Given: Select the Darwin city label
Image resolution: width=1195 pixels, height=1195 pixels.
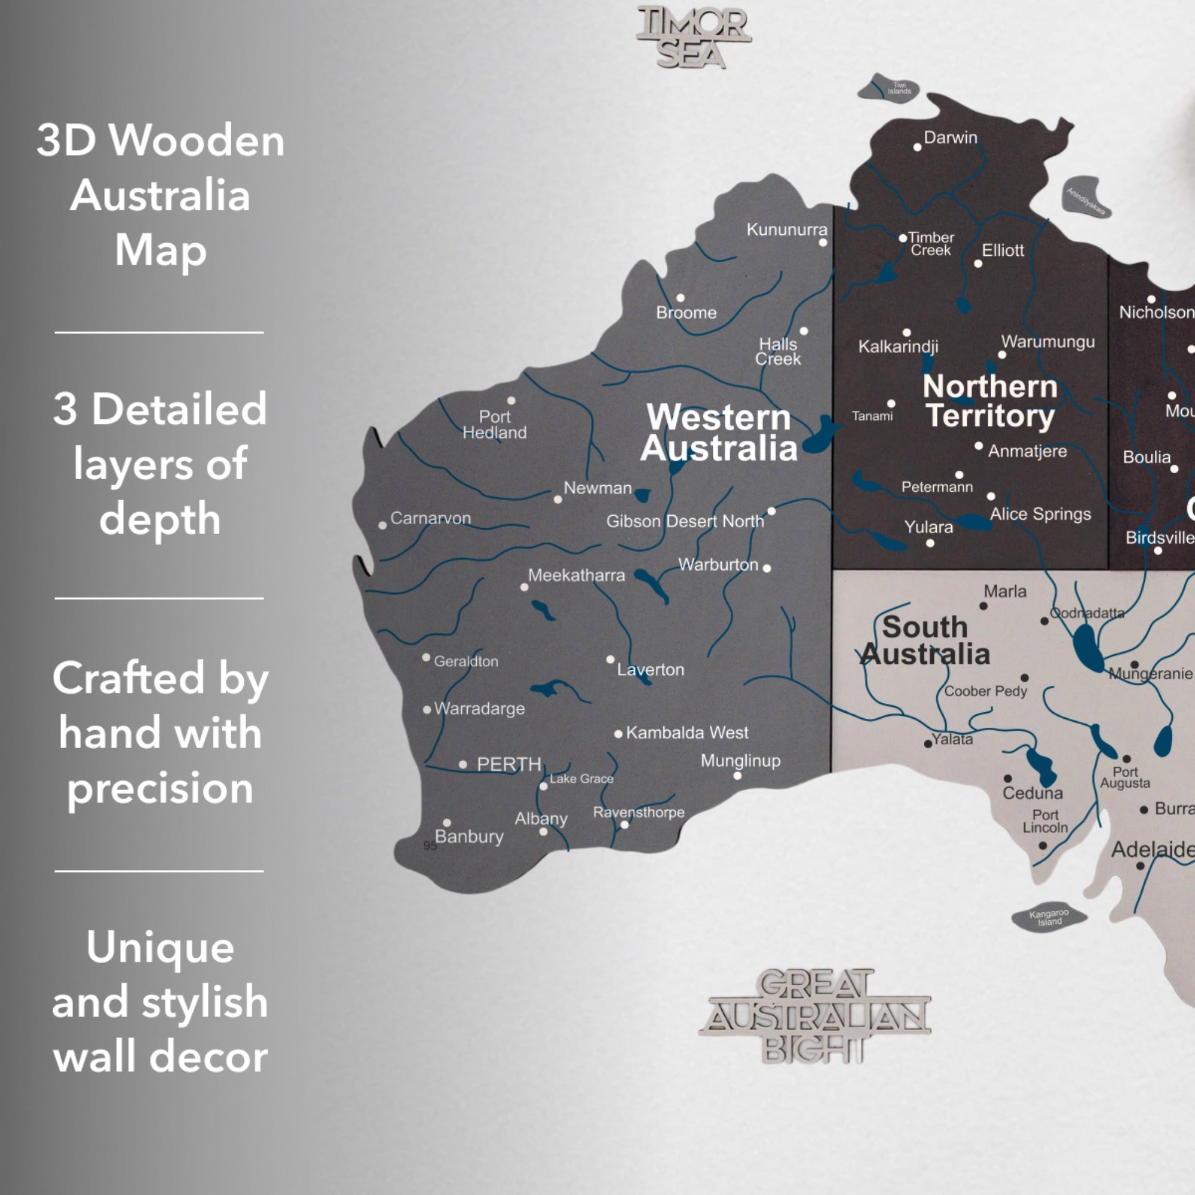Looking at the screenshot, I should pyautogui.click(x=950, y=137).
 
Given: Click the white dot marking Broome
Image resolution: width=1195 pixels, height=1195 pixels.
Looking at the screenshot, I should pyautogui.click(x=681, y=298).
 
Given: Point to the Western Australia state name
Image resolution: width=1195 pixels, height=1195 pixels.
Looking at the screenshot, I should pyautogui.click(x=719, y=433).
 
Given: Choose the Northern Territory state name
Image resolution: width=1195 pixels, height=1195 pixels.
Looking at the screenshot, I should pyautogui.click(x=990, y=401).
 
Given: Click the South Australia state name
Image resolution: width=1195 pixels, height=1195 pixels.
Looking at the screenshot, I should pyautogui.click(x=926, y=641).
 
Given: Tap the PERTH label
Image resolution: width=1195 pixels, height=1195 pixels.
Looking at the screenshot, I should pyautogui.click(x=508, y=765).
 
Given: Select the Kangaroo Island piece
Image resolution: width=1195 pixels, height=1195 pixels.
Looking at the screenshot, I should pyautogui.click(x=1049, y=917).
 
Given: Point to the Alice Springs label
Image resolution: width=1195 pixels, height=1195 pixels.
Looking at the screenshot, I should pyautogui.click(x=1040, y=514).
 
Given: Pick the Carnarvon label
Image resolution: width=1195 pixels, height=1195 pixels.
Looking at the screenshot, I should pyautogui.click(x=430, y=518).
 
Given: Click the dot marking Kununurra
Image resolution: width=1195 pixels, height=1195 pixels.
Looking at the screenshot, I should pyautogui.click(x=823, y=243).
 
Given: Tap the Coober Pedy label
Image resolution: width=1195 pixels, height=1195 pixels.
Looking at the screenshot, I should pyautogui.click(x=985, y=691).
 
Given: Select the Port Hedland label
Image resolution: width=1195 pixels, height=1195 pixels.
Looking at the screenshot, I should pyautogui.click(x=494, y=425).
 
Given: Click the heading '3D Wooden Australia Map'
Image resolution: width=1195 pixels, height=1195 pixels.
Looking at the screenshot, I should pyautogui.click(x=160, y=195).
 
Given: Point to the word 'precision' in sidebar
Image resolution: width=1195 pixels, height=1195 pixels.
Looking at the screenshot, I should pyautogui.click(x=160, y=788).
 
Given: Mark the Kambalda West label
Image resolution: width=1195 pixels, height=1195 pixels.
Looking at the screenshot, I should pyautogui.click(x=687, y=733).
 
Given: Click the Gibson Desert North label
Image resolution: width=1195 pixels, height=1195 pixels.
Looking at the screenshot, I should pyautogui.click(x=685, y=522).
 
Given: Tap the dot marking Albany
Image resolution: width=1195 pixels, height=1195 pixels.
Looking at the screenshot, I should pyautogui.click(x=543, y=832).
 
